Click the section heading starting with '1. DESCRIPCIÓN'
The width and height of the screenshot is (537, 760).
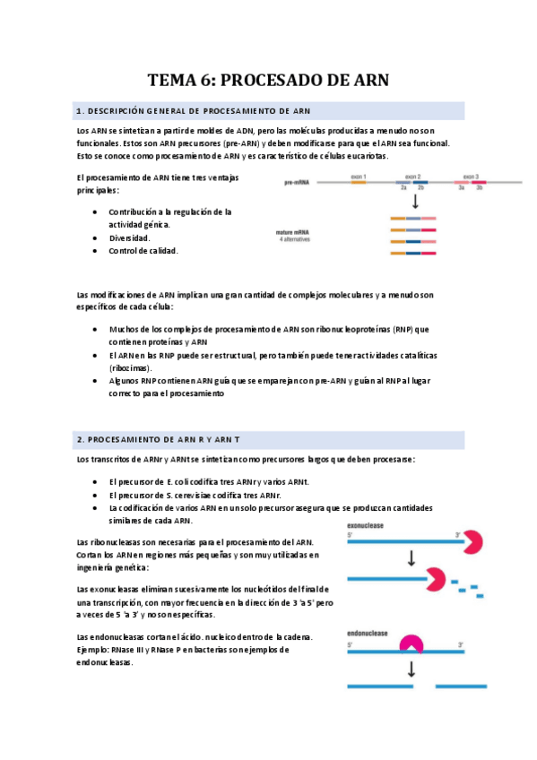[194, 111]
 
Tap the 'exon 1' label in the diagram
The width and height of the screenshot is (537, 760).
[359, 177]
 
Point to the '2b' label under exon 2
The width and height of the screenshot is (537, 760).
[421, 189]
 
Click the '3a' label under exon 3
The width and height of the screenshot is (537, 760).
[461, 189]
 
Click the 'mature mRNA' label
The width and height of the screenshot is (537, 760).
[294, 233]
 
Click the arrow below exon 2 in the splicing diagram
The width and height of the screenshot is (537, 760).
[413, 202]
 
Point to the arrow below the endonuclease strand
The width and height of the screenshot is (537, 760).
[411, 669]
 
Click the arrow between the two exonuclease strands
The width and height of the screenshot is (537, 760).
[411, 558]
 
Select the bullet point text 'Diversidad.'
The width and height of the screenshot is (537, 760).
[129, 237]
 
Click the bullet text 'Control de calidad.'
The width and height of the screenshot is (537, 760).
[143, 251]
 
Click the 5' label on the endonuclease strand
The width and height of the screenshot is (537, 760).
[351, 643]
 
